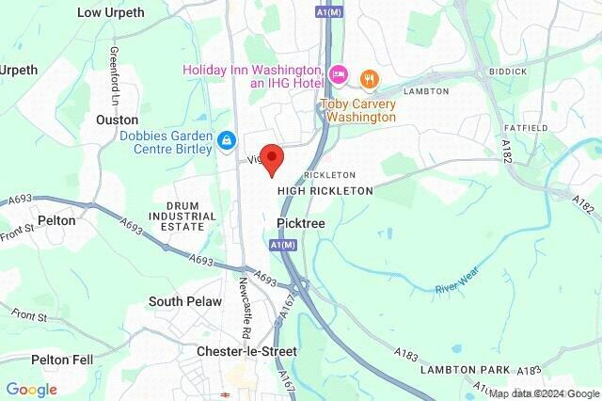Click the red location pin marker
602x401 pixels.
[272, 159]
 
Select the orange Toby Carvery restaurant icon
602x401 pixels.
[370, 78]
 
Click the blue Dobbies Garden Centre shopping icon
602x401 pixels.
[226, 141]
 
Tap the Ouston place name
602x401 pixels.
[117, 120]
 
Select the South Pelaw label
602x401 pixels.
[185, 301]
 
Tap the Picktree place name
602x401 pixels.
[302, 223]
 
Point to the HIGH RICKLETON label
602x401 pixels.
[325, 190]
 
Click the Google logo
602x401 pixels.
[31, 389]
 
